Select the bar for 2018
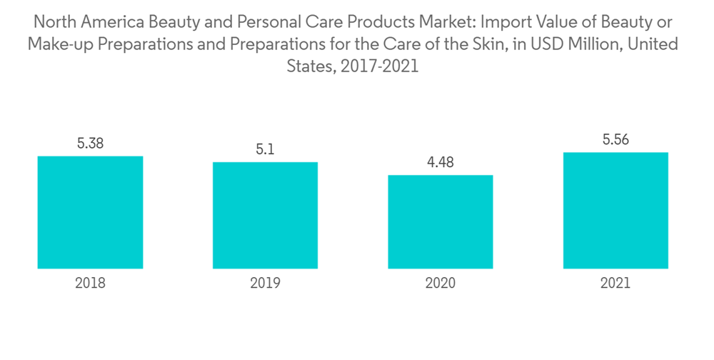pyautogui.click(x=90, y=212)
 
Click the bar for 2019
pyautogui.click(x=265, y=215)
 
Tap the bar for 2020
pyautogui.click(x=440, y=221)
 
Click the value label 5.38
pyautogui.click(x=90, y=144)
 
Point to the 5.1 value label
pyautogui.click(x=265, y=149)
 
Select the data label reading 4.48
pyautogui.click(x=440, y=162)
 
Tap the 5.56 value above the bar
pyautogui.click(x=615, y=140)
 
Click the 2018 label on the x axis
pyautogui.click(x=90, y=284)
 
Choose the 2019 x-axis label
pyautogui.click(x=265, y=284)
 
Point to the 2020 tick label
pyautogui.click(x=440, y=284)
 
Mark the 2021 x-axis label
pyautogui.click(x=615, y=284)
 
